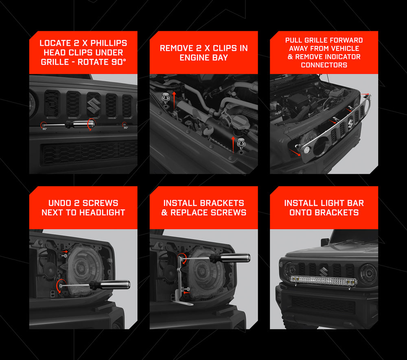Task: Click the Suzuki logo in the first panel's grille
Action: pos(94,105)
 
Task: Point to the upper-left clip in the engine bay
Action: pos(165,97)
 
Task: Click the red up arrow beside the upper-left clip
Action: pos(174,100)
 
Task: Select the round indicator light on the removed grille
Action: pos(307,149)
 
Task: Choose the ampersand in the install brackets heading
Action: pos(164,213)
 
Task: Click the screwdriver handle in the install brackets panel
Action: pos(230,258)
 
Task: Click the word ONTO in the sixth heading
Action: pos(300,213)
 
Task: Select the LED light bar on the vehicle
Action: pos(324,281)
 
